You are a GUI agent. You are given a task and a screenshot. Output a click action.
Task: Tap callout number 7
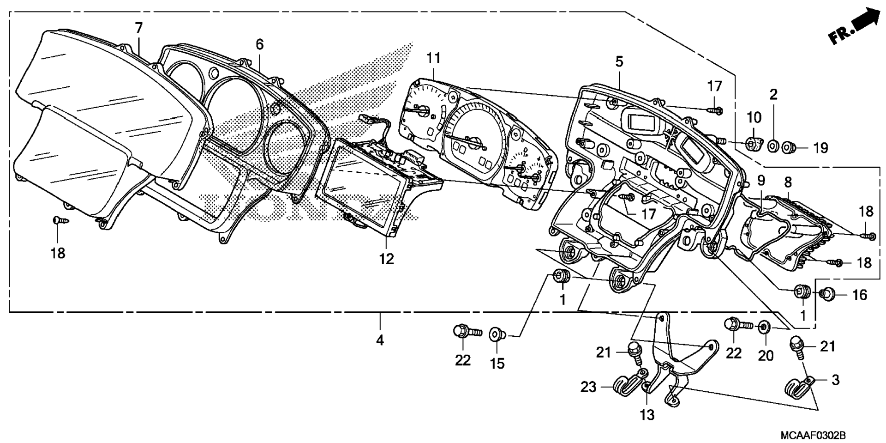[x=139, y=28]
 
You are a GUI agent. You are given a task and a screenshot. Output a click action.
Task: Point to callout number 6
[x=260, y=44]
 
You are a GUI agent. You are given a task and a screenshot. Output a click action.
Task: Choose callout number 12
[x=387, y=259]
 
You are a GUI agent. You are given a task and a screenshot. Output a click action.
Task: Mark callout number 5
[x=619, y=61]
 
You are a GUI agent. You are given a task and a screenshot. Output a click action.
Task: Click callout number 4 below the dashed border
[x=380, y=340]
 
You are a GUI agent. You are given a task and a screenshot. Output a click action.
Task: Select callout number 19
[x=820, y=148]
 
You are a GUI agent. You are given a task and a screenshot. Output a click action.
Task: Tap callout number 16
[x=859, y=294]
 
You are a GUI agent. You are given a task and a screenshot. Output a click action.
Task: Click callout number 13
[x=647, y=415]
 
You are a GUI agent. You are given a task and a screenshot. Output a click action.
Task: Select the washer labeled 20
[x=764, y=328]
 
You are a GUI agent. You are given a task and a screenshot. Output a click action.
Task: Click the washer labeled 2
[x=773, y=147]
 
